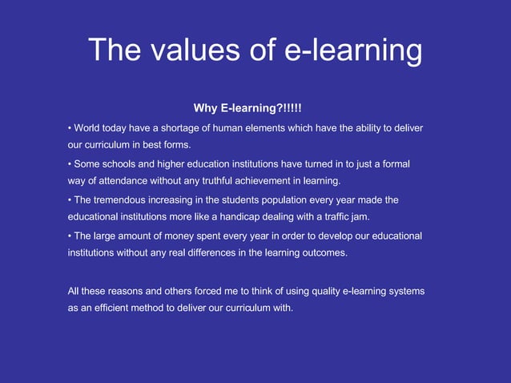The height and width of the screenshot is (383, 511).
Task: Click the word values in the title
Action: [191, 50]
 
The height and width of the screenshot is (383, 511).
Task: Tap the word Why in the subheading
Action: [206, 108]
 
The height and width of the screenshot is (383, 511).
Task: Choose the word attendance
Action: [131, 180]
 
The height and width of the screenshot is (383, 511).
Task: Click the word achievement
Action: [276, 180]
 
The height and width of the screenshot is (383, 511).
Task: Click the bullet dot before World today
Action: [70, 128]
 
